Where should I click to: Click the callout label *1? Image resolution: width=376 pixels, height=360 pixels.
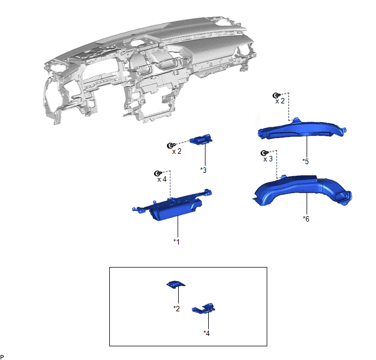click(x=177, y=242)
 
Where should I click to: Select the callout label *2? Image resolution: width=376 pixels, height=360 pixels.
click(x=177, y=309)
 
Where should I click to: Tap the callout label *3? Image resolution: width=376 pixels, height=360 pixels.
click(x=203, y=170)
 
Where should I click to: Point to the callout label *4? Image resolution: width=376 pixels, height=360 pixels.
click(x=207, y=333)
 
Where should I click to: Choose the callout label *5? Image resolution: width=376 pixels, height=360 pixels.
click(x=305, y=161)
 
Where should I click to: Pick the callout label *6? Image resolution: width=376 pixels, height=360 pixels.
click(x=306, y=219)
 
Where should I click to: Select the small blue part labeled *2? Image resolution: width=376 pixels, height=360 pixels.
click(x=175, y=284)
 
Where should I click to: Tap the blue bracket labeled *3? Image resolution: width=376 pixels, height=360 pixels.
click(x=201, y=140)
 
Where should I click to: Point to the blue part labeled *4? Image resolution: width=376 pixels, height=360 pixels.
click(x=204, y=309)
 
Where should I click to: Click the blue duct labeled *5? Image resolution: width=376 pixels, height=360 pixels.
click(x=302, y=130)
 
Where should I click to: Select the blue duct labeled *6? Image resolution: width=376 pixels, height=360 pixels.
click(x=302, y=190)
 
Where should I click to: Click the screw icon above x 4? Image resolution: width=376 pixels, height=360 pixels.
click(x=158, y=173)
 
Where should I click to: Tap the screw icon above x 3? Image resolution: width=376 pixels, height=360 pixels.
click(x=265, y=153)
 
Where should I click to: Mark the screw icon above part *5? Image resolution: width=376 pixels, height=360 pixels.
click(x=277, y=95)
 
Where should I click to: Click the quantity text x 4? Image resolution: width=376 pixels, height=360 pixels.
click(x=162, y=179)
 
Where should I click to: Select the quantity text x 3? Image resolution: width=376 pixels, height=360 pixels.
click(x=268, y=159)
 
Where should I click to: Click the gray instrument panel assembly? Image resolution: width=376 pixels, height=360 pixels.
click(x=149, y=69)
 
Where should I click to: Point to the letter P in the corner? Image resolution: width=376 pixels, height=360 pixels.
click(x=2, y=357)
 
